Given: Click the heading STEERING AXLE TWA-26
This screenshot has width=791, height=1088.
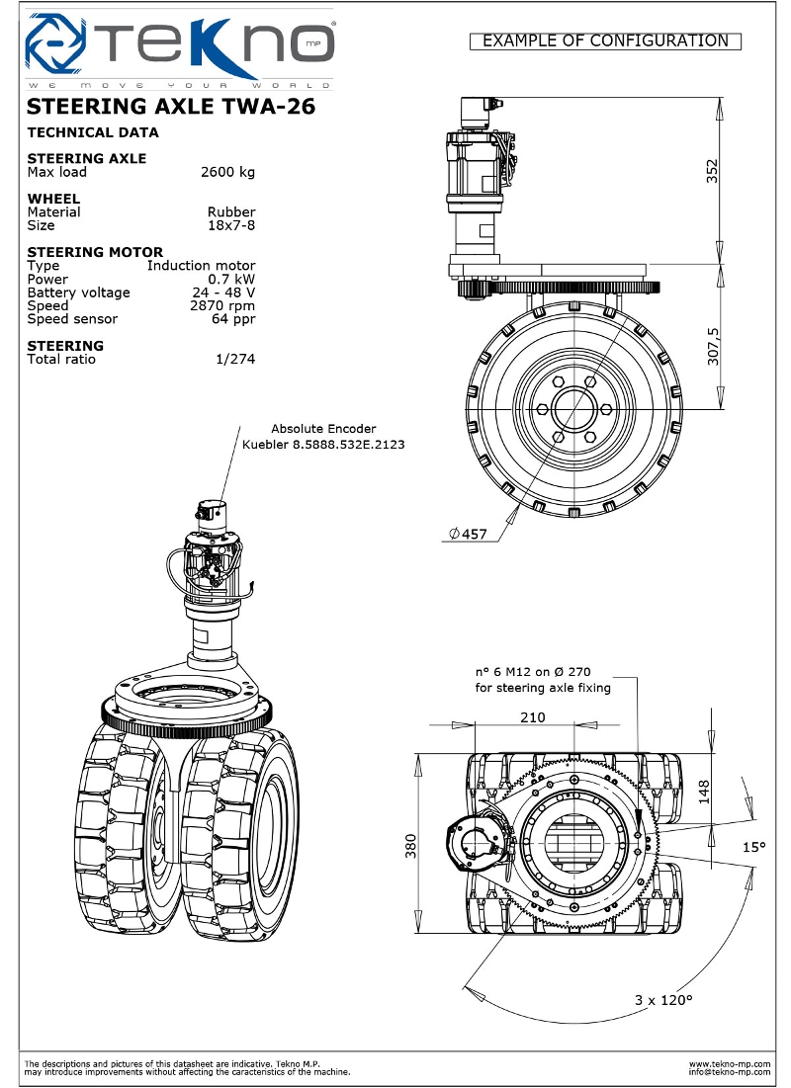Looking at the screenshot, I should coord(171,107).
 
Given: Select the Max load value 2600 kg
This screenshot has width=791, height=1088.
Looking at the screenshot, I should coord(227,172).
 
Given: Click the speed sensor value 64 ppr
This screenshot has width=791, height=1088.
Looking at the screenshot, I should coord(233,319).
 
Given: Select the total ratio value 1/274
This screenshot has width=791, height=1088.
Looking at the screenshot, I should coord(235,360).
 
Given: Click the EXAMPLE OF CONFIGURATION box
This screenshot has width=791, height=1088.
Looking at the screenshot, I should coord(605,41).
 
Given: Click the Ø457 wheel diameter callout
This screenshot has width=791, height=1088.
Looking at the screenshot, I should coord(468,535).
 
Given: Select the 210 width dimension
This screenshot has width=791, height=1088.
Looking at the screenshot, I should coord(533,717).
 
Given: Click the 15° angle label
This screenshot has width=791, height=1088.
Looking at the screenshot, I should coord(754,847).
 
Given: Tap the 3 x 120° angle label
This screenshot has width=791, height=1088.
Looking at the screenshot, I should coord(663,1000).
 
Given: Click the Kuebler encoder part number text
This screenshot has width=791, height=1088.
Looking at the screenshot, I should coord(323,444).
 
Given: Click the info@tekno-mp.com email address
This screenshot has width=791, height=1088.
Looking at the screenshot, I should coord(730,1071).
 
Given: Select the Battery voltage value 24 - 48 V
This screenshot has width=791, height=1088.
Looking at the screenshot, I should coord(223,293).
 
